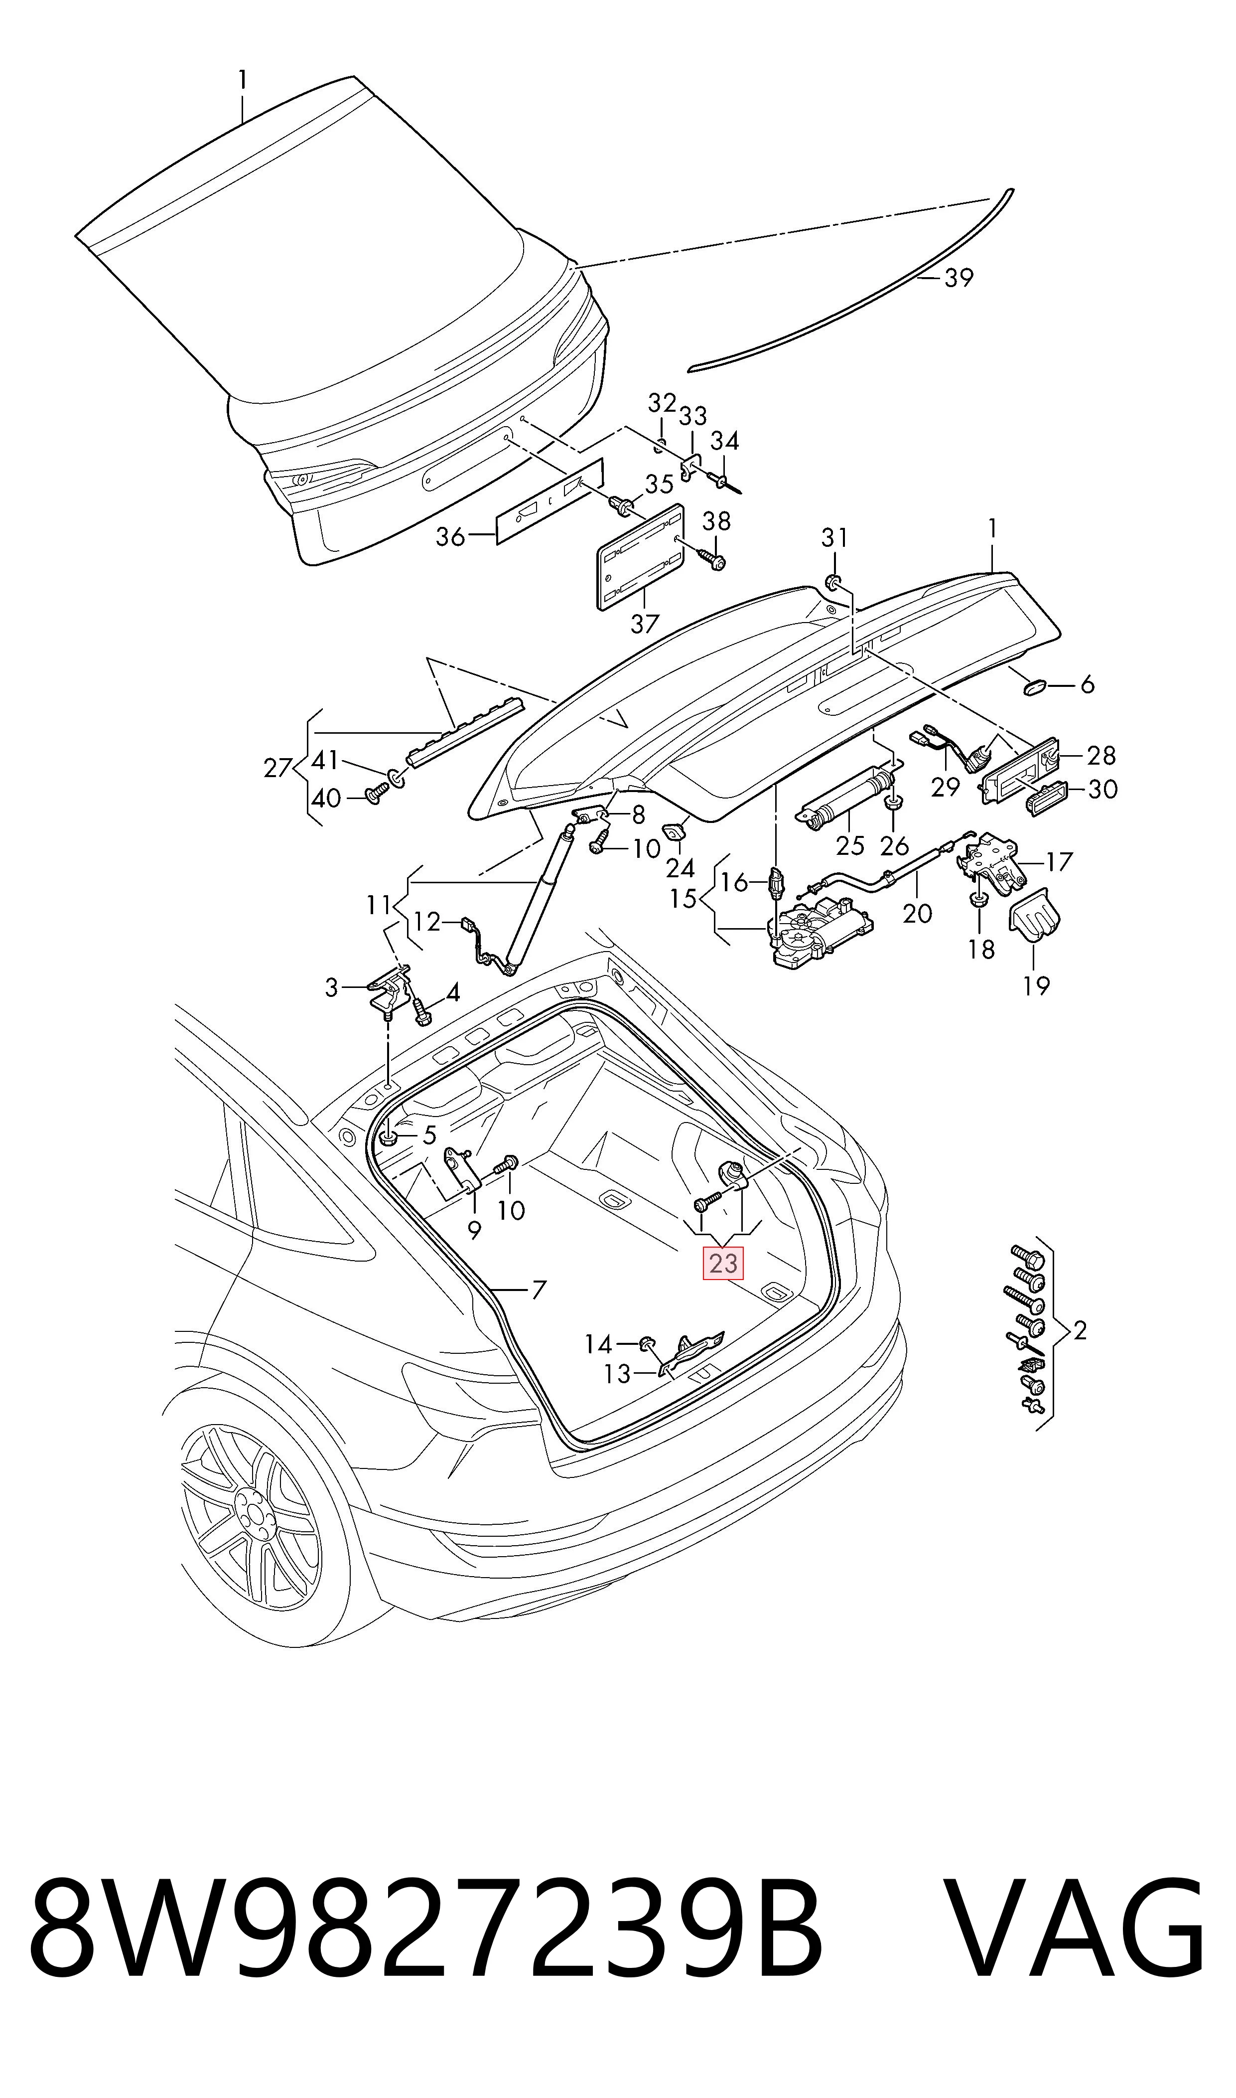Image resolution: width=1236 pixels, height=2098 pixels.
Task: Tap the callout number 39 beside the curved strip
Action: (959, 278)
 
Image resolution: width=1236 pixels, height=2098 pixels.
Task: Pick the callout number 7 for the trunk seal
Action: (539, 1291)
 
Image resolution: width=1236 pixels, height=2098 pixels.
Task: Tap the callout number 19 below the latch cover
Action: (1036, 985)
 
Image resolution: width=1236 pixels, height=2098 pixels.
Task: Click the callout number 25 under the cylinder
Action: (850, 846)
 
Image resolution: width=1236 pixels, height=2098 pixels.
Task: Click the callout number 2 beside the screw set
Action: (1080, 1330)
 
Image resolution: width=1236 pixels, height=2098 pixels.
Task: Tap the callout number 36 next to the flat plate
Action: (450, 536)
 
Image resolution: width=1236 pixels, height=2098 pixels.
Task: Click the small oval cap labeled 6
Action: (1034, 686)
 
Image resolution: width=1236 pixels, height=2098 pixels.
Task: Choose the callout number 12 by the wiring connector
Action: (426, 922)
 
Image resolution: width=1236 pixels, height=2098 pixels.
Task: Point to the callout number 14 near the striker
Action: (598, 1344)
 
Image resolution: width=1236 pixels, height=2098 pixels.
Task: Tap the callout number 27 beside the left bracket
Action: (277, 768)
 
